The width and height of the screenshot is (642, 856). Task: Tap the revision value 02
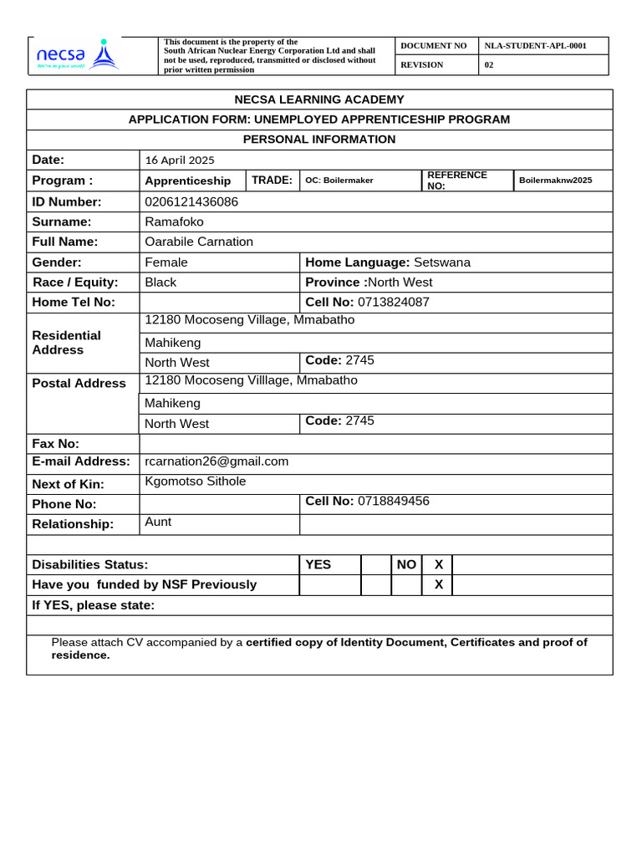coord(489,65)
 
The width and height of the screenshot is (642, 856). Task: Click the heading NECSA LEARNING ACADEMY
coord(318,99)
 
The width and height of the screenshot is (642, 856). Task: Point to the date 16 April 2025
coord(180,160)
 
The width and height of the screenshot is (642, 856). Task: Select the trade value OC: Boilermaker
coord(339,181)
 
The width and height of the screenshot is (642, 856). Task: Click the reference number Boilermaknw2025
coord(555,181)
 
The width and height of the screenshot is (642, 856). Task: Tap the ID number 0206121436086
coord(191,201)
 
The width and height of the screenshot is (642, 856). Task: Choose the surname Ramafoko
coord(174,222)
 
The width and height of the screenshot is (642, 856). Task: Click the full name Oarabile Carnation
coord(199,242)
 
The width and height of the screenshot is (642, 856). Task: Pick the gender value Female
coord(166,262)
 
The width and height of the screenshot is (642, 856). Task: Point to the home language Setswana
coord(442,262)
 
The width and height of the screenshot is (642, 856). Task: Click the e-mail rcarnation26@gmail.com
coord(217,461)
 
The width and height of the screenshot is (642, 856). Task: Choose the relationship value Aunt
coord(158,522)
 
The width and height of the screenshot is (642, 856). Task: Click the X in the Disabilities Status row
coord(438,564)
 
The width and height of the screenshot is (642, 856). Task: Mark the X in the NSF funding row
coord(438,584)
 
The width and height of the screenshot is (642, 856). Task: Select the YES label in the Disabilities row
coord(318,564)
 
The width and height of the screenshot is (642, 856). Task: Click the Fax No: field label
coord(56,444)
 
